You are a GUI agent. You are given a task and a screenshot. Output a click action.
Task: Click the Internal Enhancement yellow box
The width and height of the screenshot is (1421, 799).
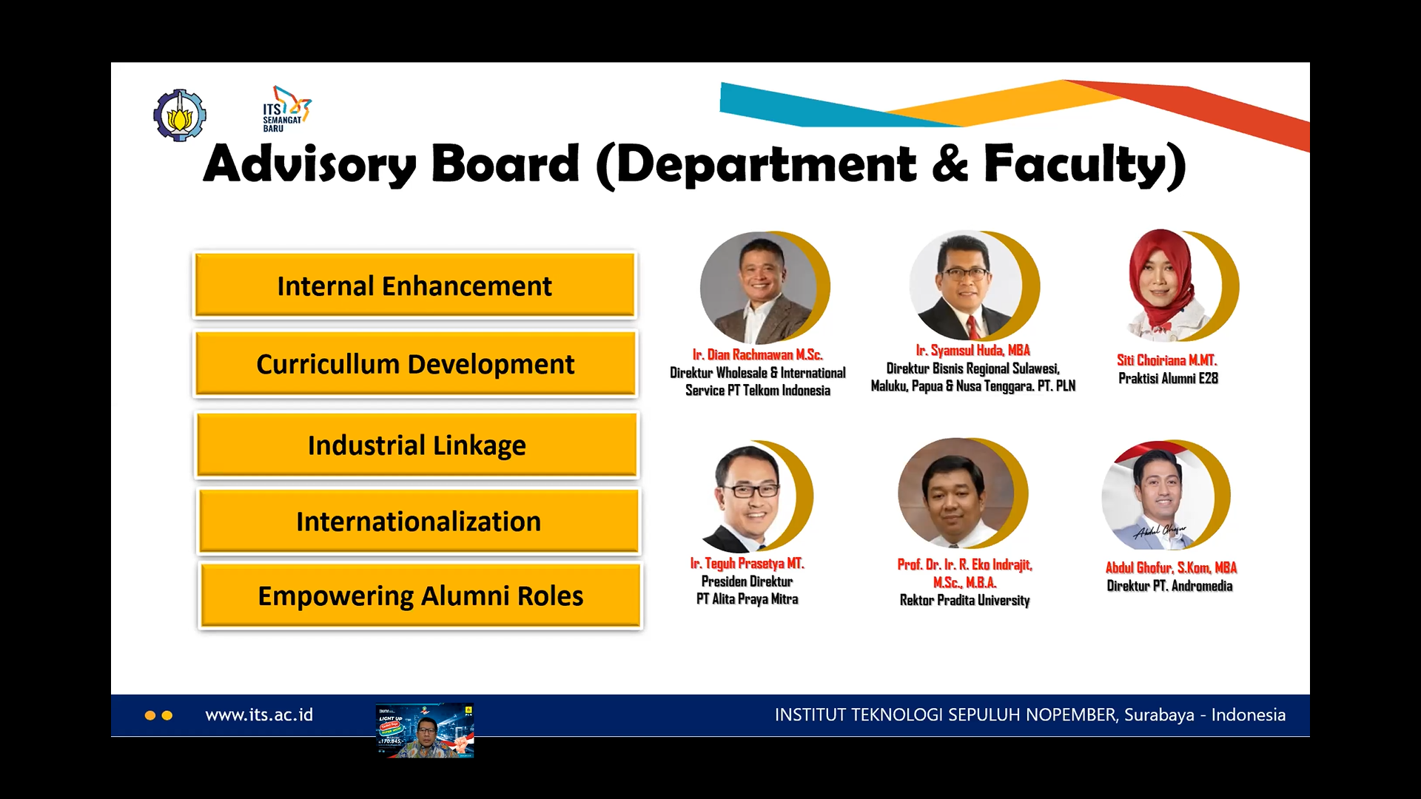414,286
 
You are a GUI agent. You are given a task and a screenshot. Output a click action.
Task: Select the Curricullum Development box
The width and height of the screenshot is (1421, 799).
415,364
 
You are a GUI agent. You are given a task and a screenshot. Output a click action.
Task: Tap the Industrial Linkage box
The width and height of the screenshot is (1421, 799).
417,445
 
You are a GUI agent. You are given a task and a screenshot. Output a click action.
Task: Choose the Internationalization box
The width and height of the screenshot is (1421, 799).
418,522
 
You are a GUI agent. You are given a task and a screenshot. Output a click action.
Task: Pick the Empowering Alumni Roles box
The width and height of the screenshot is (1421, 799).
420,596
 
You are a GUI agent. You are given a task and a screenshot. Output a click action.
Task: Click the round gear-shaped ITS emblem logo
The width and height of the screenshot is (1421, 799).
179,115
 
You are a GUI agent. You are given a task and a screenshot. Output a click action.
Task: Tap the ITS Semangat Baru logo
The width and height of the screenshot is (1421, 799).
286,109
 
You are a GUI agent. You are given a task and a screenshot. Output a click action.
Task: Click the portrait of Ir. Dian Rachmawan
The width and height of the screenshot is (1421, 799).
758,287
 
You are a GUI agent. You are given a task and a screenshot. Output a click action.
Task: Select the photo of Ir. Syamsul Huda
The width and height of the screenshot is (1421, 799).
965,286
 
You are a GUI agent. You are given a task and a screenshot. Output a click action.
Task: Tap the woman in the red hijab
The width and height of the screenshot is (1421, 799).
1162,284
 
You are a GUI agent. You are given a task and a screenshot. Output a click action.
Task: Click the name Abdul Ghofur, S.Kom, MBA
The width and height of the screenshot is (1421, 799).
1171,567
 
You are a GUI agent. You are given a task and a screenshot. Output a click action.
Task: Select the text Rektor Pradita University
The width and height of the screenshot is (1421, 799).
964,600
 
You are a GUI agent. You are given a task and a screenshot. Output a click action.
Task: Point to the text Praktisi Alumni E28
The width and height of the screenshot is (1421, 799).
1168,378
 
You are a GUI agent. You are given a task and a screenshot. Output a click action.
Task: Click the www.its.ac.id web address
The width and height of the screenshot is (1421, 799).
259,715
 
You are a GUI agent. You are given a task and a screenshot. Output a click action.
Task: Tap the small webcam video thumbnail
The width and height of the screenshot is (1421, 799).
425,730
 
